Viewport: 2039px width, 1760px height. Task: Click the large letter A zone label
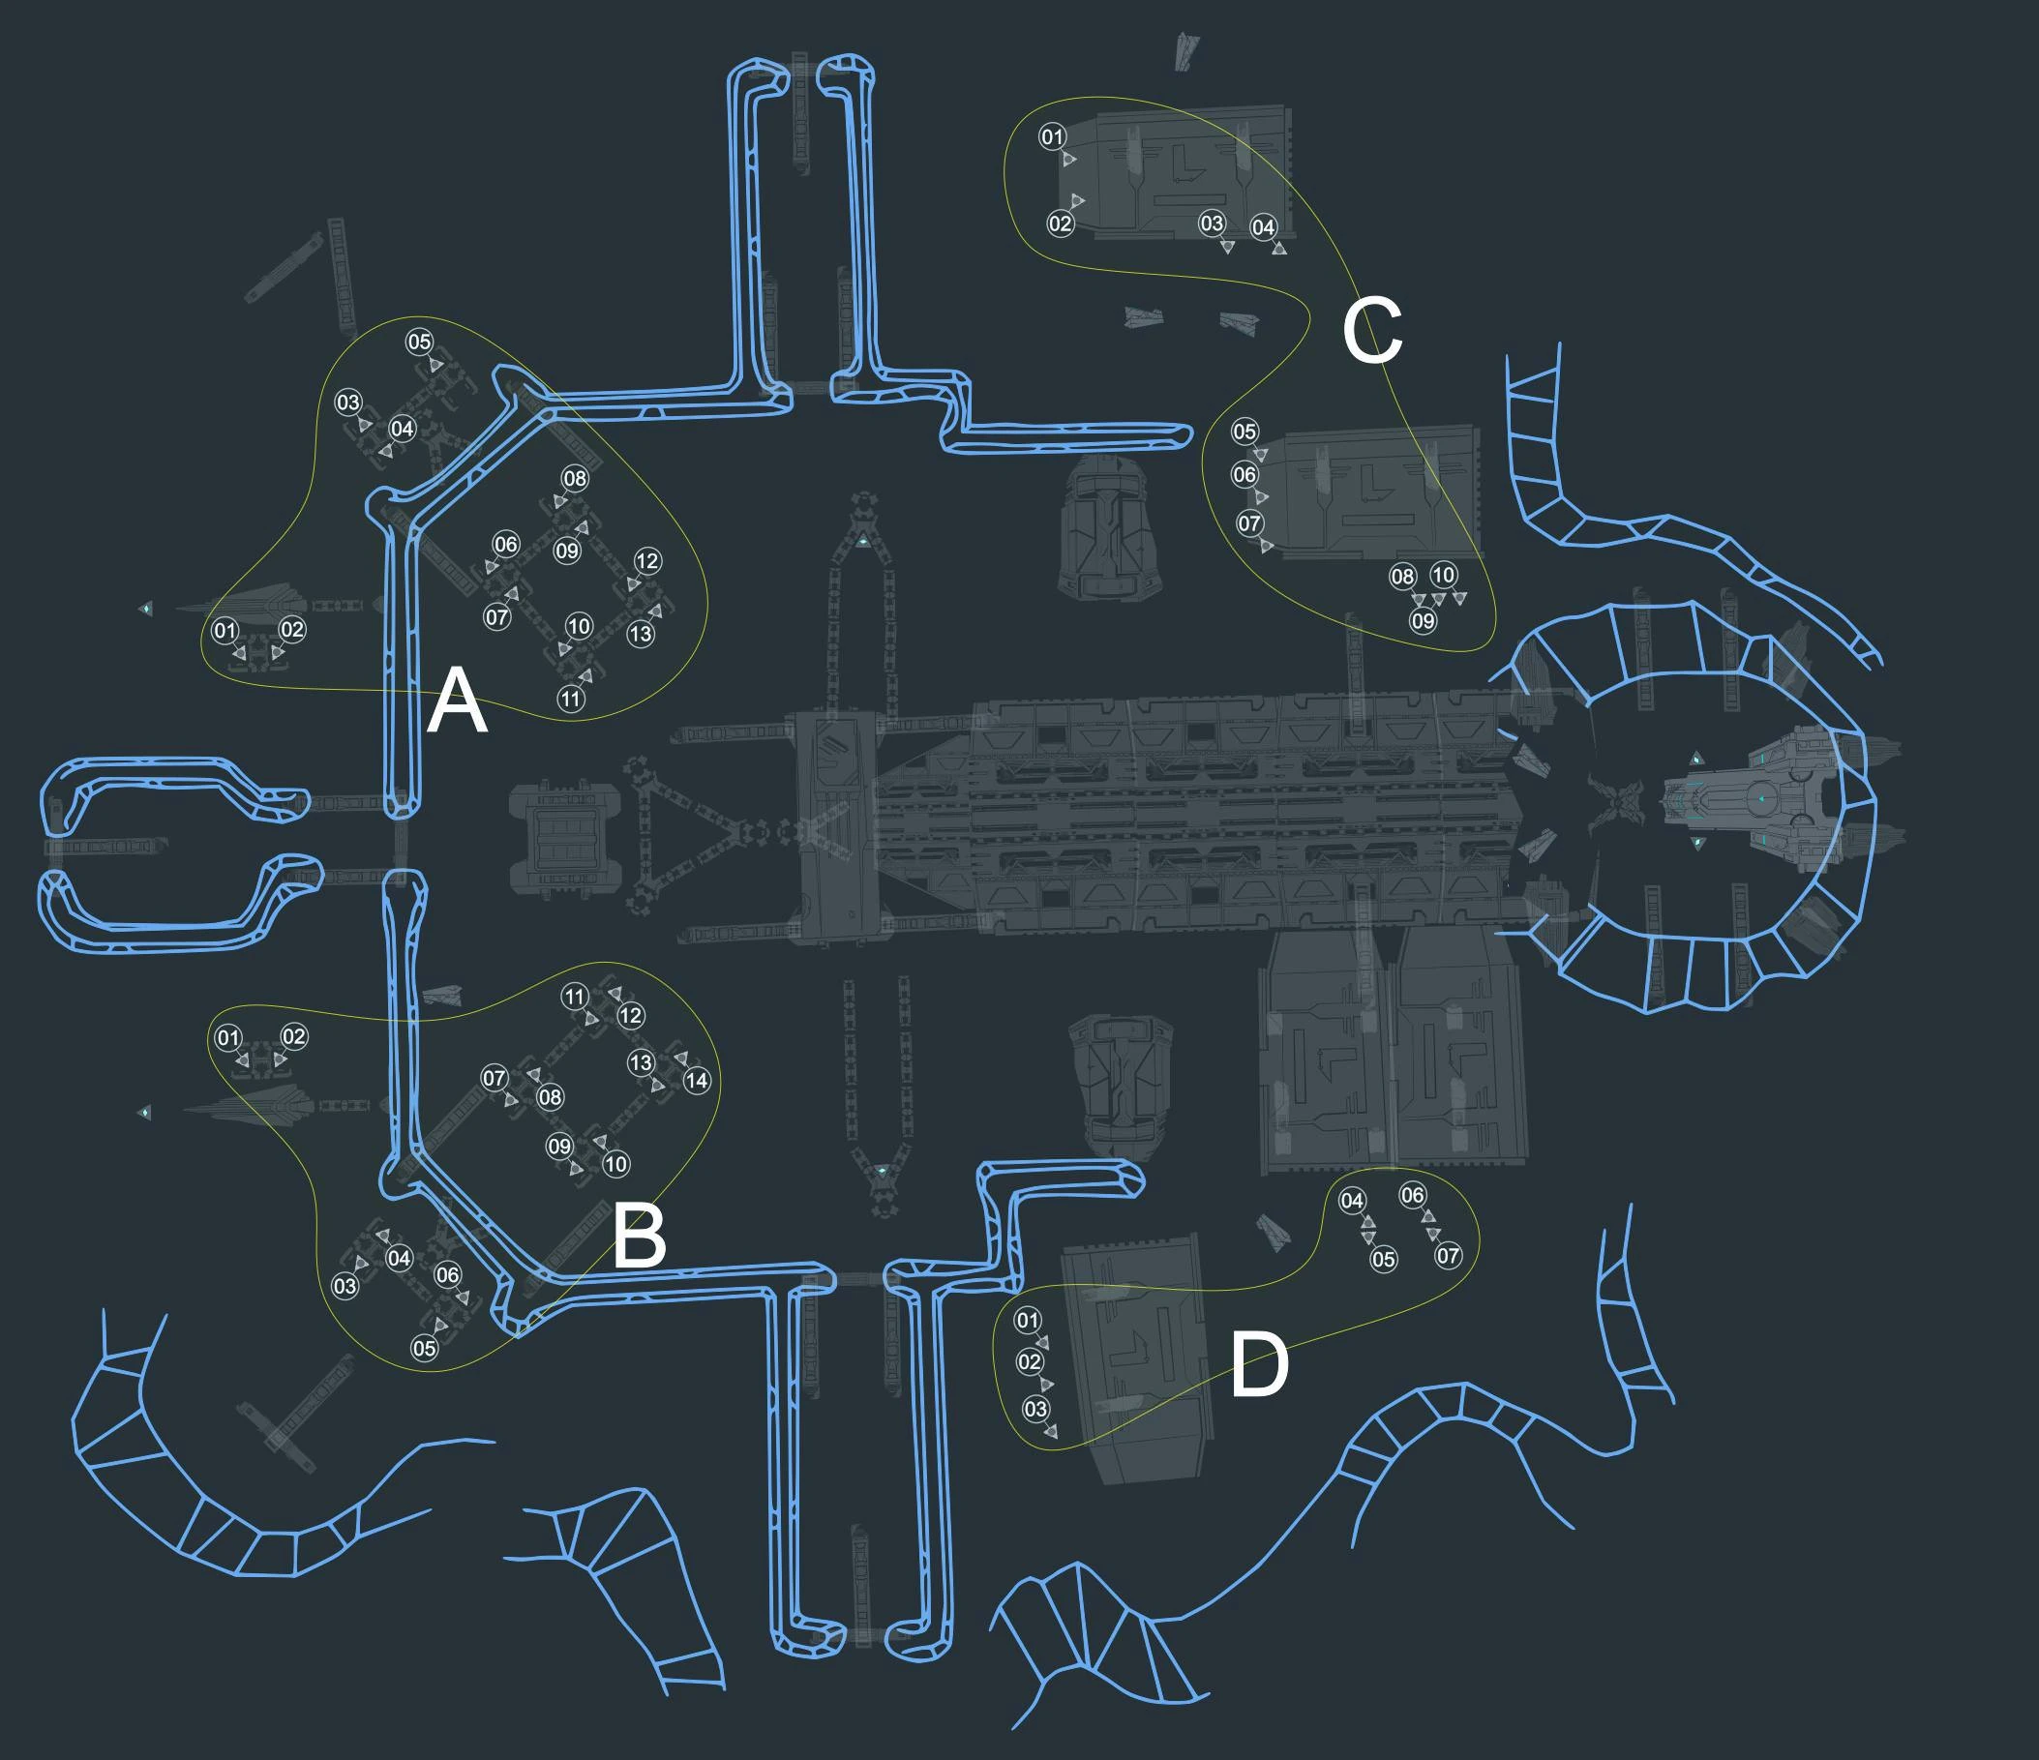(457, 701)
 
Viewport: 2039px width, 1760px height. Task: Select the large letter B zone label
(639, 1237)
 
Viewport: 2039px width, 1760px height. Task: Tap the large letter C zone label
(1372, 331)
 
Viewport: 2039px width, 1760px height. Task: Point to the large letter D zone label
(1260, 1364)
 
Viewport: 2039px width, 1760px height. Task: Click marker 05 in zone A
(419, 342)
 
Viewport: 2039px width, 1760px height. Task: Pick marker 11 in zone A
(572, 699)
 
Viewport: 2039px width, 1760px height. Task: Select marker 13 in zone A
(641, 634)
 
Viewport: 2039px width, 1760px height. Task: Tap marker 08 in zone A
(575, 478)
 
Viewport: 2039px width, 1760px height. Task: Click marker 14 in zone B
(697, 1080)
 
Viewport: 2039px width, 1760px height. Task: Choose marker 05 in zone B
(424, 1348)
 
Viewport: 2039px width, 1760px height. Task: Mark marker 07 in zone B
(494, 1078)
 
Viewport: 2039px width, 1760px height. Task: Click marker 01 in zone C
(1052, 136)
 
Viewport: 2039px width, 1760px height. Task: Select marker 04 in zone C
(1264, 227)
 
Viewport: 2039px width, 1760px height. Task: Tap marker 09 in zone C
(1423, 621)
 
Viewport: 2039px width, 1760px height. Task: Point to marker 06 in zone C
(1244, 474)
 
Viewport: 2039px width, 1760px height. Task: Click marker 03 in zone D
(1035, 1409)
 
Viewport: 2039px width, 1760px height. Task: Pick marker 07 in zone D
(1448, 1255)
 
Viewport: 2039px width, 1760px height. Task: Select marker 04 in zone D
(1352, 1200)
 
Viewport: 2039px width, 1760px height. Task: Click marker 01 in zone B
(228, 1037)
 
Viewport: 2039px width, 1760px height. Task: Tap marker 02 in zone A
(292, 630)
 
